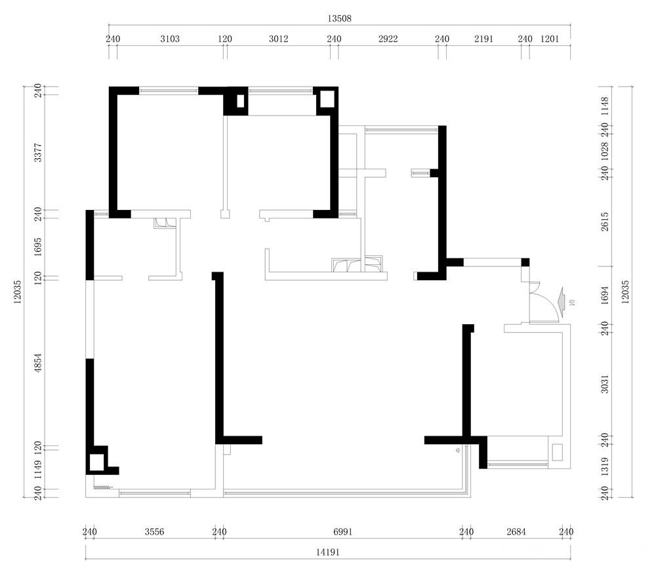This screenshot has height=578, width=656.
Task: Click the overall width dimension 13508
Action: pyautogui.click(x=339, y=18)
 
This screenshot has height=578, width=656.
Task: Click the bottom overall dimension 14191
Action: pyautogui.click(x=327, y=552)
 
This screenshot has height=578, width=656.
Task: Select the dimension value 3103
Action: pyautogui.click(x=170, y=39)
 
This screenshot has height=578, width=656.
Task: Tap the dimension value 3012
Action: pyautogui.click(x=279, y=39)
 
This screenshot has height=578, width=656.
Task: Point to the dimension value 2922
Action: pyautogui.click(x=388, y=39)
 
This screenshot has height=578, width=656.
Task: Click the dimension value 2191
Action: pyautogui.click(x=483, y=39)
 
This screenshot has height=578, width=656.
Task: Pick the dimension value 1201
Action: pyautogui.click(x=550, y=39)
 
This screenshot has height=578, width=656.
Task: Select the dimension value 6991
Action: pyautogui.click(x=343, y=532)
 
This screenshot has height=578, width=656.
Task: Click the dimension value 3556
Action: pyautogui.click(x=154, y=532)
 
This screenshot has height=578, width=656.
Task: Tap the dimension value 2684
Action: pyautogui.click(x=516, y=532)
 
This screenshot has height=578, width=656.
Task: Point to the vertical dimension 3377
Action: pyautogui.click(x=38, y=152)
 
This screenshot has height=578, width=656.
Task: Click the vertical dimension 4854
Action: pyautogui.click(x=38, y=362)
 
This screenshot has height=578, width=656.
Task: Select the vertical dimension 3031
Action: pyautogui.click(x=605, y=384)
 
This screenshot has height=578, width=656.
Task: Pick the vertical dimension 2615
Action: pyautogui.click(x=605, y=222)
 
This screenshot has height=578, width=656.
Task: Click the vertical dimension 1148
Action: pyautogui.click(x=605, y=106)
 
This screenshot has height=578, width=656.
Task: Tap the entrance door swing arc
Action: pyautogui.click(x=552, y=300)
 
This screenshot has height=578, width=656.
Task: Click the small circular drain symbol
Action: pyautogui.click(x=458, y=451)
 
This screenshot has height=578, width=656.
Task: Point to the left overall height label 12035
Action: pyautogui.click(x=17, y=292)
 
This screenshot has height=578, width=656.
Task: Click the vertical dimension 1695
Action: pyautogui.click(x=38, y=247)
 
